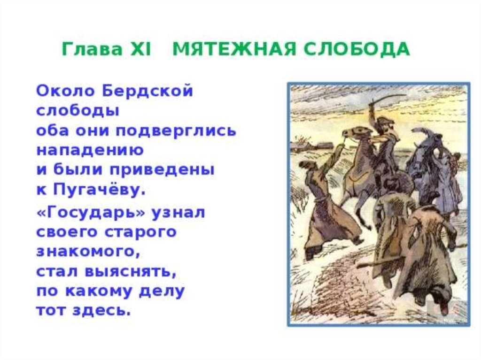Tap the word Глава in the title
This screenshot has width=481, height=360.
(x=92, y=49)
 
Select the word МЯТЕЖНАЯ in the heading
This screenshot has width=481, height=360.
(x=235, y=49)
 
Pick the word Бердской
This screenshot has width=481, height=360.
(x=148, y=91)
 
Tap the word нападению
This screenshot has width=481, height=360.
(x=90, y=150)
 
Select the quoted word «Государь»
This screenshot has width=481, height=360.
(x=91, y=212)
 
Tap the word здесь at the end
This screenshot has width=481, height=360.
(x=101, y=310)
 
